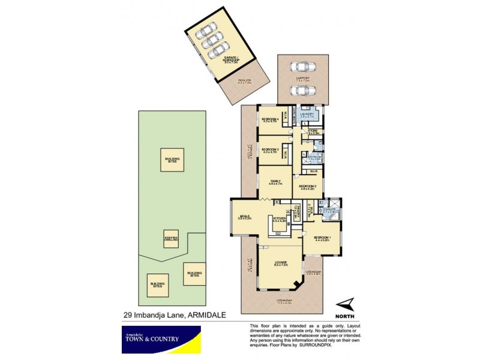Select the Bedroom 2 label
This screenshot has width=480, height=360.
click(x=308, y=187)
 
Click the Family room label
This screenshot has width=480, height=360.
click(x=275, y=182)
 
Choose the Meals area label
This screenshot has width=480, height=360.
click(x=244, y=218)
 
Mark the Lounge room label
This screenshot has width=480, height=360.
click(x=280, y=263)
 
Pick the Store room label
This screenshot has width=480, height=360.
click(x=313, y=131)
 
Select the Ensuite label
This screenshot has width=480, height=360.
click(x=329, y=211)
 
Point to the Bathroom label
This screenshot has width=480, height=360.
click(x=316, y=157)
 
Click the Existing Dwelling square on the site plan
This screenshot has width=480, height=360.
click(x=172, y=239)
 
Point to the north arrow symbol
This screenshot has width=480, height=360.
click(x=344, y=304)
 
